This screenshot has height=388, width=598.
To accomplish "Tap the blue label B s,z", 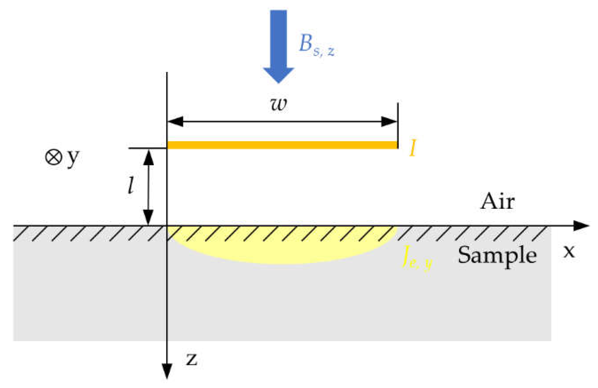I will click(x=316, y=46).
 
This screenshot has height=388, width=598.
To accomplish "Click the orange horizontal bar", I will click(x=282, y=145).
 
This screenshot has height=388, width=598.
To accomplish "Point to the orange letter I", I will click(x=413, y=148).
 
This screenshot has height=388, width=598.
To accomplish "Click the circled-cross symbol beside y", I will click(x=53, y=157).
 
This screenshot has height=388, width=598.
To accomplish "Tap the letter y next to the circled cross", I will click(x=73, y=158).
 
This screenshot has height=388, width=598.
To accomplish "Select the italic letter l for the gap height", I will click(x=131, y=186).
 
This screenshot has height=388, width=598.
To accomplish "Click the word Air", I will click(x=497, y=201).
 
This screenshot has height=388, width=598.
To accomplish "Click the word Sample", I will click(x=497, y=256).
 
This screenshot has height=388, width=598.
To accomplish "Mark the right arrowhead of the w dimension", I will click(x=389, y=122).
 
